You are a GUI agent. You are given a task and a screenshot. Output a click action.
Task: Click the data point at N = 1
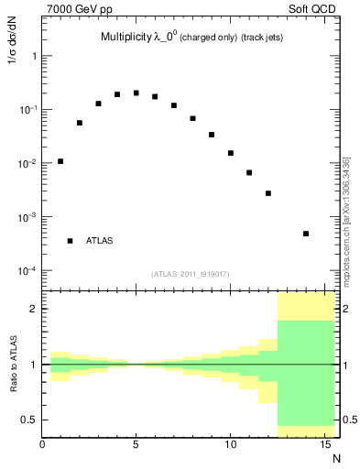[x=60, y=161]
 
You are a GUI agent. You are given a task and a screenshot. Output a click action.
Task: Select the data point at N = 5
[x=136, y=93]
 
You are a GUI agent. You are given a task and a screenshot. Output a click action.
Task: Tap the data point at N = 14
[x=306, y=234]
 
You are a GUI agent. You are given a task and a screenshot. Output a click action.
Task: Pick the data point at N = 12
[x=268, y=193]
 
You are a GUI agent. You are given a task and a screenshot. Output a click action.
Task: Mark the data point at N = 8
[x=192, y=118]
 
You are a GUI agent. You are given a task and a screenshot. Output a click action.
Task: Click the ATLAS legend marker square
[x=71, y=241]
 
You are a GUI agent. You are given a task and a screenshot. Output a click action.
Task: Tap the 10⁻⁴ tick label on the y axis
[x=26, y=272]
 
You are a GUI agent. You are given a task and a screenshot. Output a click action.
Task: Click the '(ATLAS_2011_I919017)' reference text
[x=191, y=274]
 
